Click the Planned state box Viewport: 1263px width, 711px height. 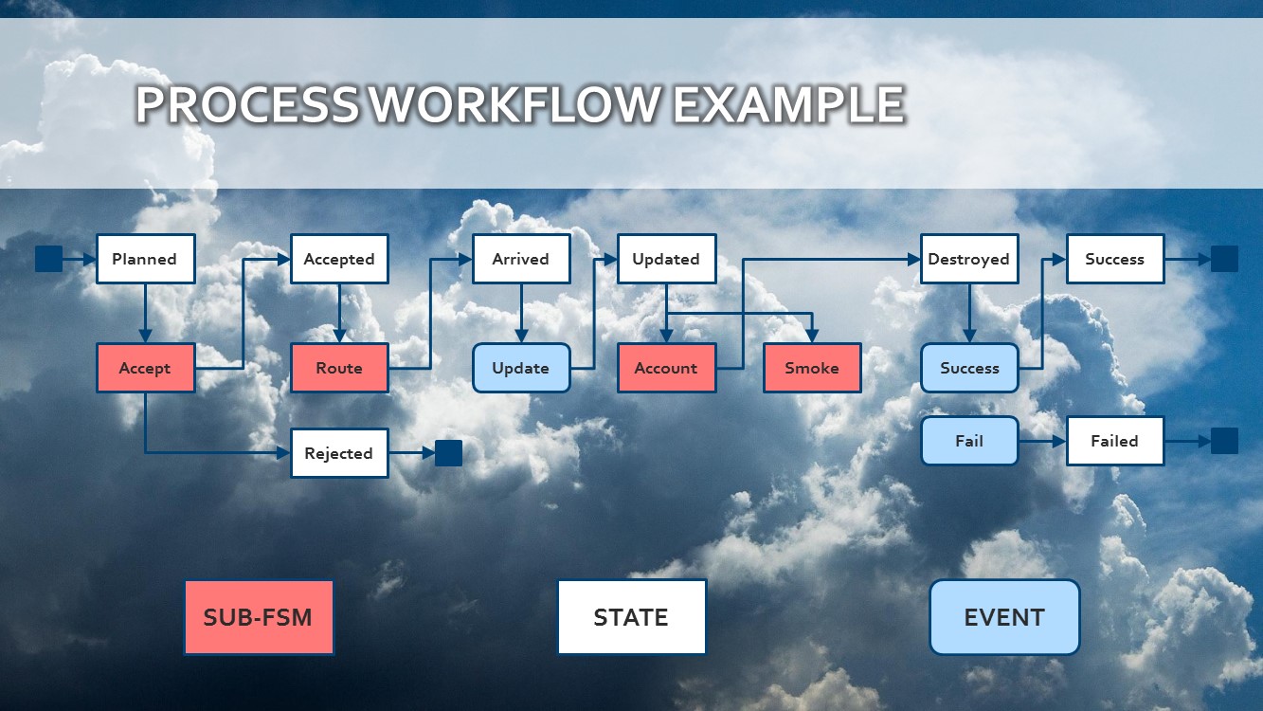coord(145,259)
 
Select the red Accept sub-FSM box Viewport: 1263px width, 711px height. coord(145,368)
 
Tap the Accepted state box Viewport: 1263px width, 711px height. coord(339,259)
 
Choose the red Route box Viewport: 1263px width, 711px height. coord(339,368)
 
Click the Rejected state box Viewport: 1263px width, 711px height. coord(339,453)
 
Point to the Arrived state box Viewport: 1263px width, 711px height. coord(521,259)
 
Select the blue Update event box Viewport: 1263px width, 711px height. coord(521,368)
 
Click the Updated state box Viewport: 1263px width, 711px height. coord(666,259)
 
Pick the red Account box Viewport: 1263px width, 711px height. coord(666,368)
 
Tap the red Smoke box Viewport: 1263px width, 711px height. coord(812,368)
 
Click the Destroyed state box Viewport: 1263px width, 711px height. coord(968,259)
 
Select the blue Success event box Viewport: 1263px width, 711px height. coord(969,368)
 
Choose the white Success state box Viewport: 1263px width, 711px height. coord(1114,259)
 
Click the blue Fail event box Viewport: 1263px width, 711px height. coord(969,441)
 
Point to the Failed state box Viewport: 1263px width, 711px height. coord(1114,441)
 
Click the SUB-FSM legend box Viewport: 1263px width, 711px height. coord(259,617)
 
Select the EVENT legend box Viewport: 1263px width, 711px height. coord(1004,617)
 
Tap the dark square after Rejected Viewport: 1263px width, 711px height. coord(448,453)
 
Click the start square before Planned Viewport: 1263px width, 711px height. coord(48,259)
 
